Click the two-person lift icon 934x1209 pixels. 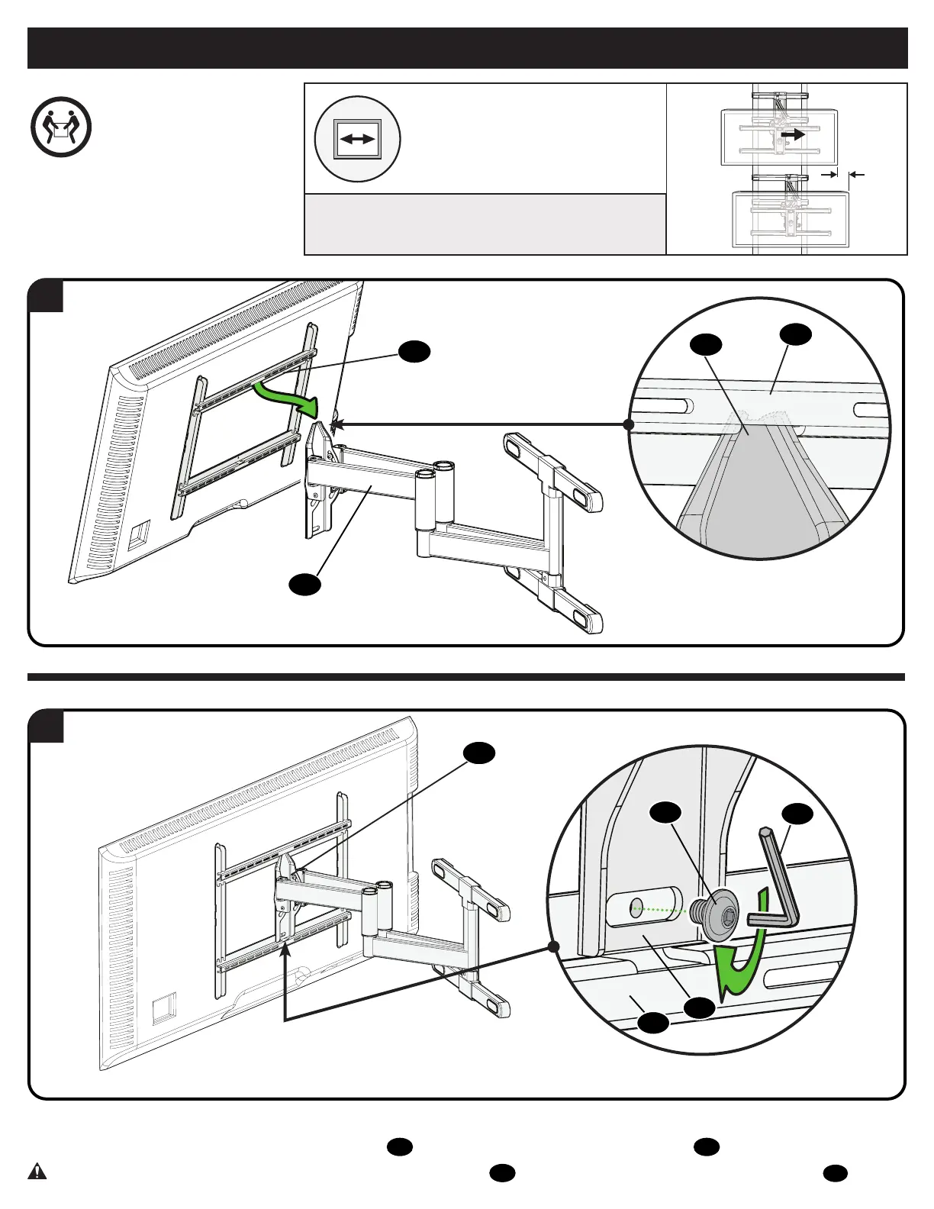tap(61, 127)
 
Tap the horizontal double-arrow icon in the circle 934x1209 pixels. tap(358, 139)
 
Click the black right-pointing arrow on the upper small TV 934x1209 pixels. tap(793, 135)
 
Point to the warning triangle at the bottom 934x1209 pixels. tap(37, 1171)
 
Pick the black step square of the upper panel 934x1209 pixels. tap(46, 296)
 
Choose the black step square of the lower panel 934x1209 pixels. tap(46, 727)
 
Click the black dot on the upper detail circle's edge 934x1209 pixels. tap(628, 424)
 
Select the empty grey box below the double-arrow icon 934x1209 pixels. tap(485, 224)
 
